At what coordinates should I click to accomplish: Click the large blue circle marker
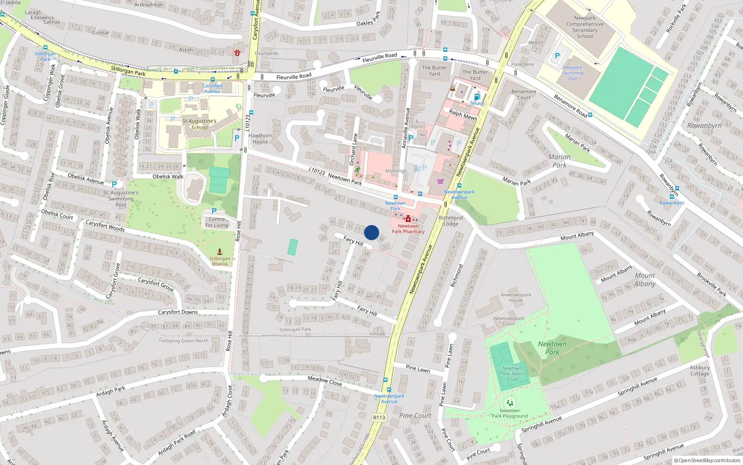371,232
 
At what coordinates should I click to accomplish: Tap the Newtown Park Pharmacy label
408,228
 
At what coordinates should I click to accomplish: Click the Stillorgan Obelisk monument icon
220,252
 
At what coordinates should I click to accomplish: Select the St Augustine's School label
199,124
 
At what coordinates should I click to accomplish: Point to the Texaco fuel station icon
477,97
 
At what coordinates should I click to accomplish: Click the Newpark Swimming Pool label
573,73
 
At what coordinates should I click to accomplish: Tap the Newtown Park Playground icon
509,403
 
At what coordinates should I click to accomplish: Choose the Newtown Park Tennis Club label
512,374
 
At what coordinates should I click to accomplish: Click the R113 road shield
379,417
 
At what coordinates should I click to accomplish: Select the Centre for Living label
217,222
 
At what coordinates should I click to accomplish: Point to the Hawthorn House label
260,139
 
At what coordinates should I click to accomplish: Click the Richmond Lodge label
450,220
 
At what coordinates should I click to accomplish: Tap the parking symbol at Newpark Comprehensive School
557,56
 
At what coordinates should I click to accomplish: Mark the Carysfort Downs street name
178,312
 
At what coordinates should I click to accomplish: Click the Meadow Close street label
325,381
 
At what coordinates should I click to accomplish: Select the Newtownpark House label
515,297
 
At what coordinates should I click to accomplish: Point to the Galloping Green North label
184,340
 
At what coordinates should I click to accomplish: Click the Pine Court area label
415,416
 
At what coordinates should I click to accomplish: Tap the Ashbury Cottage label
699,371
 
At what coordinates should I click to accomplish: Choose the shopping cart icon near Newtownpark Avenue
440,181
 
